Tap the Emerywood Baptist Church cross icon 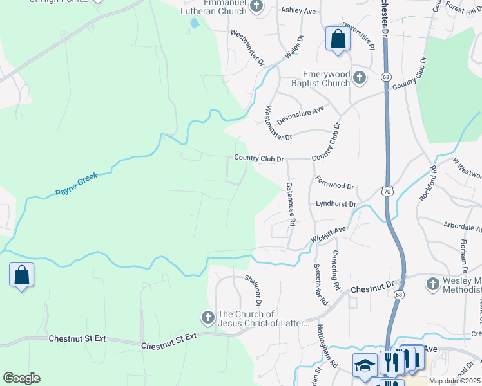click(360, 78)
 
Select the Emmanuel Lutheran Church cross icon click(256, 6)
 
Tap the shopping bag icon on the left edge click(21, 275)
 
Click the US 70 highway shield click(386, 191)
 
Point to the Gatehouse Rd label click(291, 203)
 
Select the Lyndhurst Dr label click(336, 204)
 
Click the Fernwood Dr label click(334, 182)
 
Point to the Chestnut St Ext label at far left click(76, 338)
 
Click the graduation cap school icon click(365, 365)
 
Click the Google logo click(21, 378)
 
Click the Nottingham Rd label click(327, 345)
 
